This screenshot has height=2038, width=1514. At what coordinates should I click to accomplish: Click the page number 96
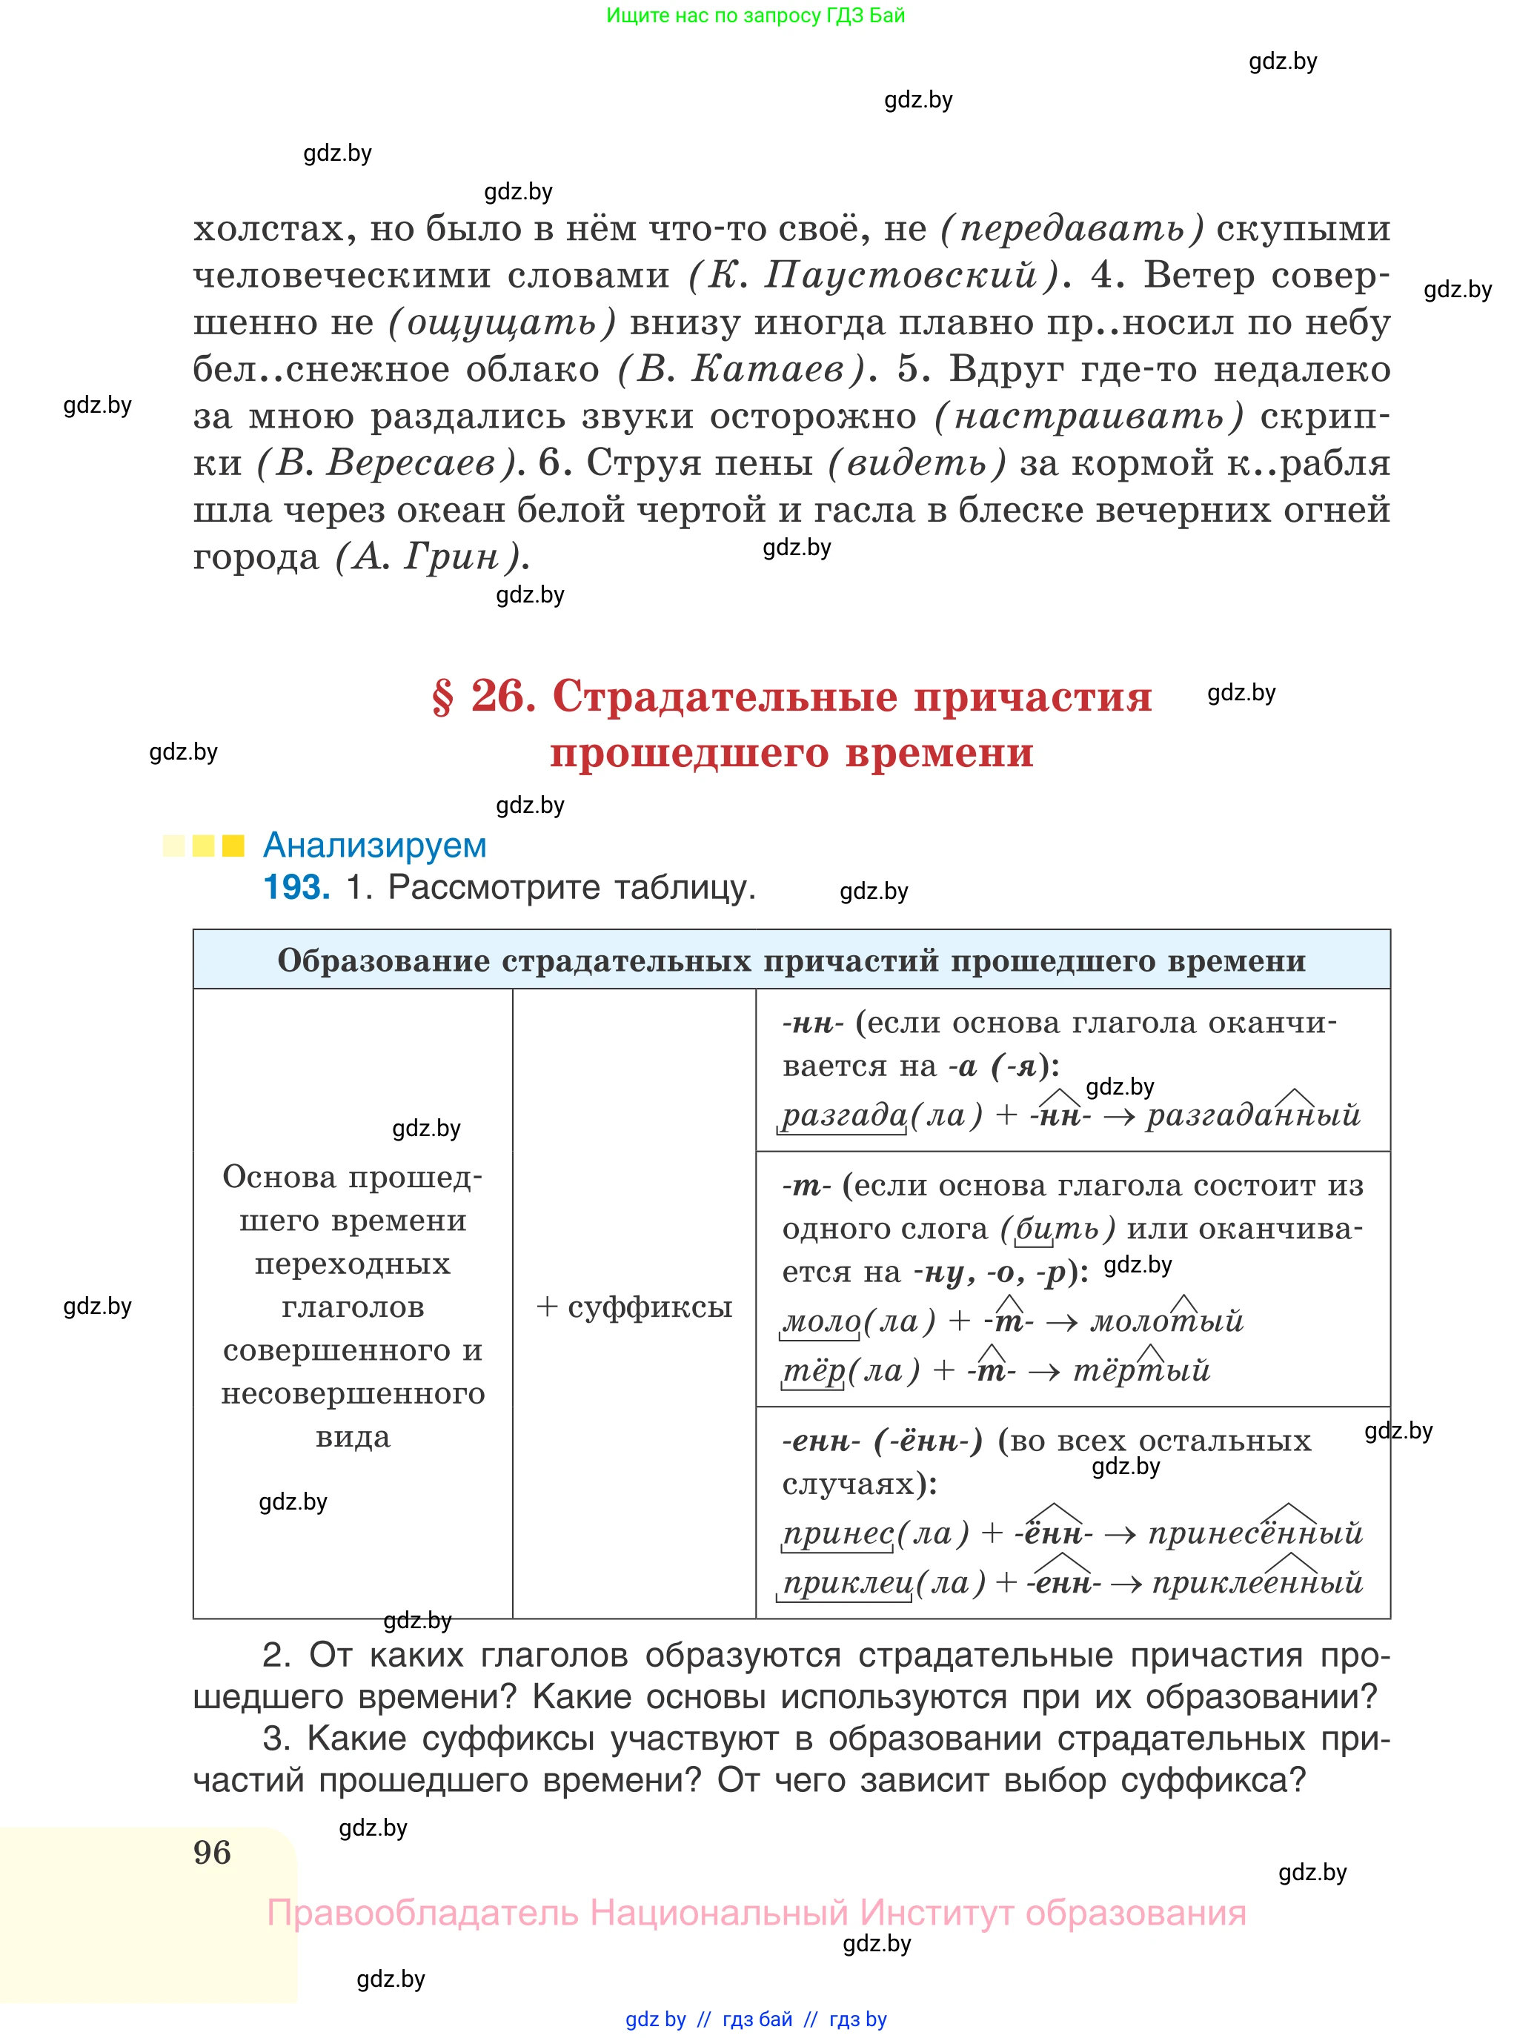[212, 1852]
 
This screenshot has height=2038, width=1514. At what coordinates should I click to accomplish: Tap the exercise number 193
[296, 887]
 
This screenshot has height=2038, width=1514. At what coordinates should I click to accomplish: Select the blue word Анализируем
[374, 845]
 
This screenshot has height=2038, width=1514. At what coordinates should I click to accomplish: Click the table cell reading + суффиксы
[634, 1306]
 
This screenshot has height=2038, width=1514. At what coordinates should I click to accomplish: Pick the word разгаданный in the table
[1253, 1115]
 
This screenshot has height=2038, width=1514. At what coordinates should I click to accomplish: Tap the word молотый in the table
[1166, 1321]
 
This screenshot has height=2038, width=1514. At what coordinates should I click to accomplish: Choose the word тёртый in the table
[1141, 1370]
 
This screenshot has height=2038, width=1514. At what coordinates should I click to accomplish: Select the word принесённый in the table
[1255, 1533]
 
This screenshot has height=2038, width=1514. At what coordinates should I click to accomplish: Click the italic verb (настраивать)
[1089, 417]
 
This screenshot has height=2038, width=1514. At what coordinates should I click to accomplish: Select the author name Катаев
[768, 369]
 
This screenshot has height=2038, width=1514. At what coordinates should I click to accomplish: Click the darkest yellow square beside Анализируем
[233, 845]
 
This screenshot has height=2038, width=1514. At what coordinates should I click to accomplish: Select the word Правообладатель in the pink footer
[422, 1913]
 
